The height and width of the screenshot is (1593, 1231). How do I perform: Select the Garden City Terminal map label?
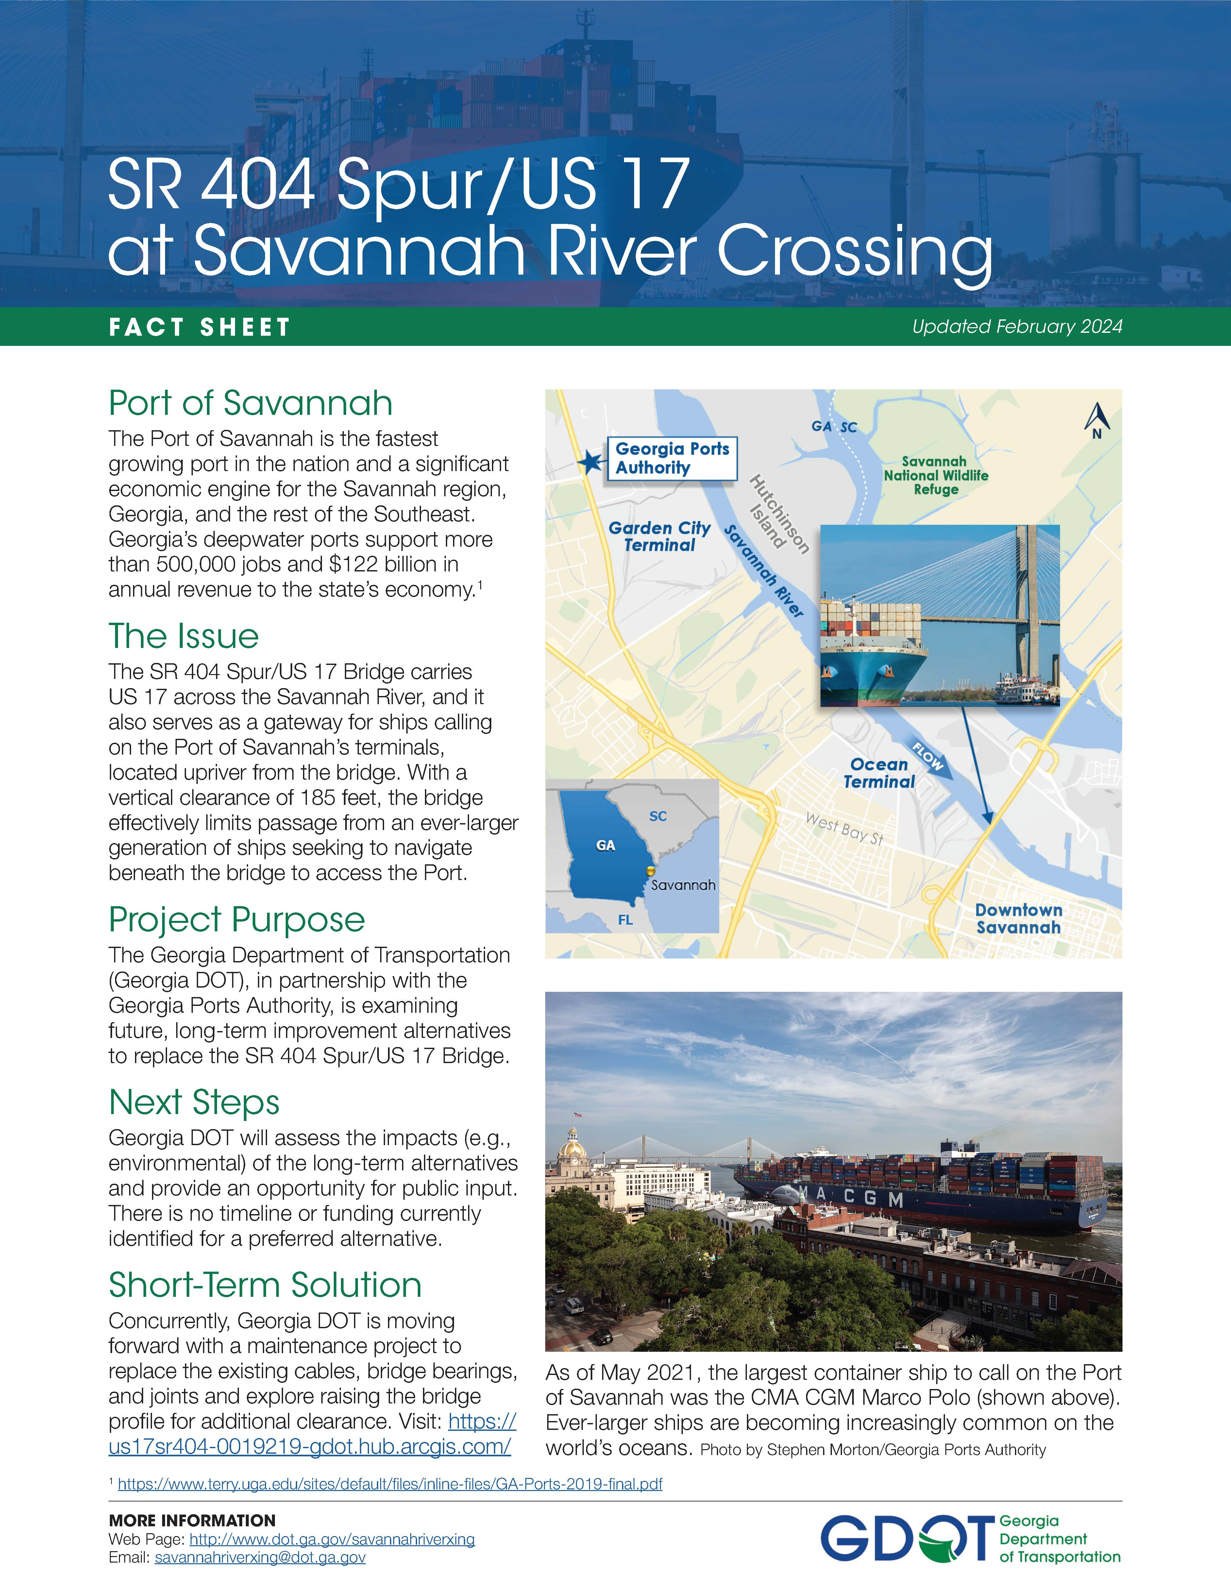659,536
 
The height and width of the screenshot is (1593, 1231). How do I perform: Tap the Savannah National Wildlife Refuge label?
936,475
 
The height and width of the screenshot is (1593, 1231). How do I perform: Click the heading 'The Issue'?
184,636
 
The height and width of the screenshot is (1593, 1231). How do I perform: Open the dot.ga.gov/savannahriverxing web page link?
332,1539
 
